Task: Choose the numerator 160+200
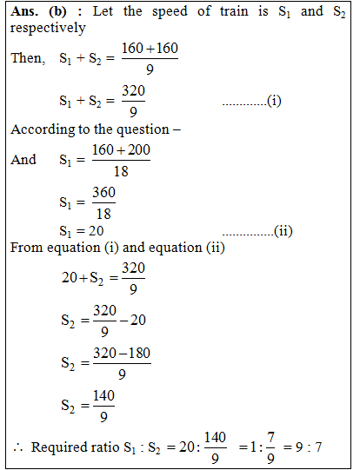click(121, 151)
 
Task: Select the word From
click(25, 248)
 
